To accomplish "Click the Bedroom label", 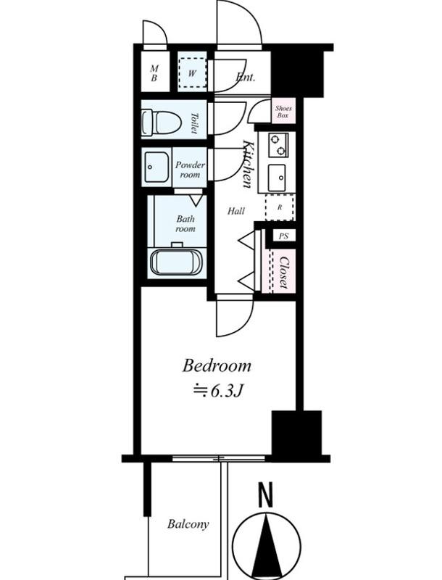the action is (217, 365).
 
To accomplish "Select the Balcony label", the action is (188, 523).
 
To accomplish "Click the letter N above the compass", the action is (265, 494).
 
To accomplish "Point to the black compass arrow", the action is (267, 547).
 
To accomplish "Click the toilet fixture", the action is (161, 122).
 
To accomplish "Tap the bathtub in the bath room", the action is (176, 262).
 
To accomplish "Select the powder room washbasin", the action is (157, 167).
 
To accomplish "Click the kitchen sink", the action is (277, 178).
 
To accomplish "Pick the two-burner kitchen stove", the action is (279, 145).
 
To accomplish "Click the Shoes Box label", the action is (283, 112).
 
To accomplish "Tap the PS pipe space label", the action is (284, 236).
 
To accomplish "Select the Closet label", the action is (284, 272).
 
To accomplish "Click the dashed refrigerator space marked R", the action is (280, 207).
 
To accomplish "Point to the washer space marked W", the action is (192, 73).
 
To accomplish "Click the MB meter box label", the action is (154, 73).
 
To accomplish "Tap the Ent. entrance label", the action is (245, 77).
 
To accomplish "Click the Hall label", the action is (235, 211).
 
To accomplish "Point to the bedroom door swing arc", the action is (235, 318).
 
